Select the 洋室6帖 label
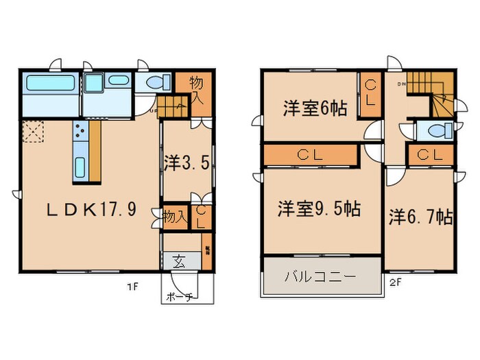click(x=315, y=108)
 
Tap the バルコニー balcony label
click(x=320, y=277)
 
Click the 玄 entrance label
click(x=179, y=261)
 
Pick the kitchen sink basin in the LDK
click(x=80, y=167)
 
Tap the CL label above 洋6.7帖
click(x=429, y=154)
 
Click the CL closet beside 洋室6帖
click(x=370, y=93)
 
